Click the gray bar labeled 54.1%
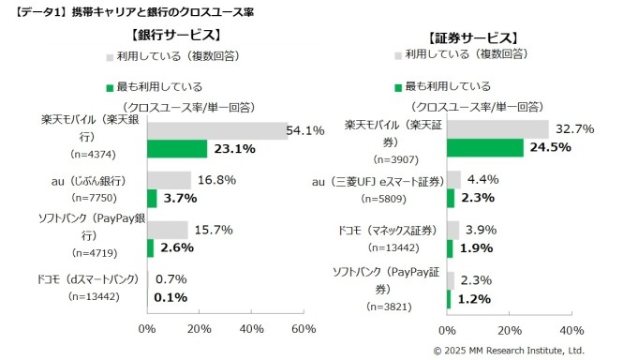tap(216, 130)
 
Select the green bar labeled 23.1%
tap(177, 148)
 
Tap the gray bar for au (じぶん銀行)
tap(169, 180)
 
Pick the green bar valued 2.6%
tap(151, 247)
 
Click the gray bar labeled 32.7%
tap(497, 129)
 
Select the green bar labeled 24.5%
tap(484, 147)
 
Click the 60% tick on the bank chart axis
tap(304, 329)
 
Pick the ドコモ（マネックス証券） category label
tap(393, 229)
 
